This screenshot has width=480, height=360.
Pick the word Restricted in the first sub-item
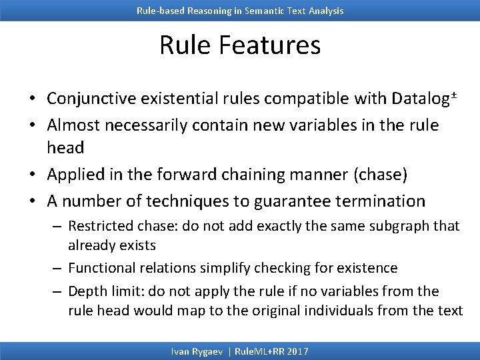tap(98, 226)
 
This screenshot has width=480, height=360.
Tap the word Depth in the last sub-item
tap(85, 291)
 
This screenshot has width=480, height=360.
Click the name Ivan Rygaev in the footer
tap(197, 351)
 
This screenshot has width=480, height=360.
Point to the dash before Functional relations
tap(58, 268)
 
